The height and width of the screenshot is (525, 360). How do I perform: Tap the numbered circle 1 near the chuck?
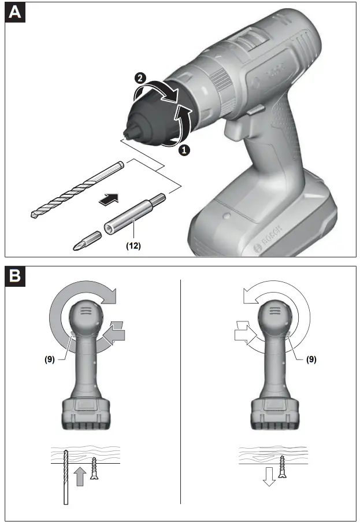[184, 149]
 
